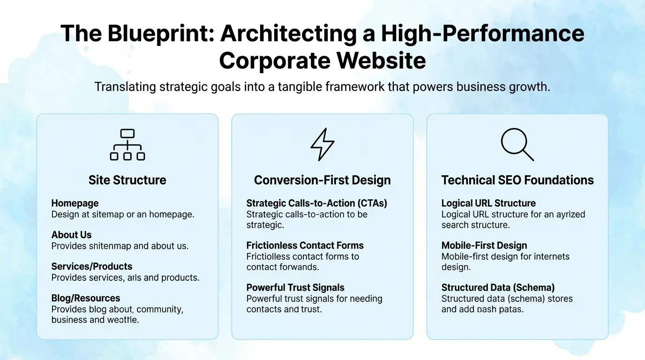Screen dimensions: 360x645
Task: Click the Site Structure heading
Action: tap(127, 180)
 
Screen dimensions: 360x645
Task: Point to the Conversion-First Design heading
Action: tap(322, 180)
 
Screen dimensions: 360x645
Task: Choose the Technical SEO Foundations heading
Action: tap(517, 180)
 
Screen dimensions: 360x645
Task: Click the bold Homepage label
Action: tap(75, 203)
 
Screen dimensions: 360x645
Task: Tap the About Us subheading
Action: tap(71, 235)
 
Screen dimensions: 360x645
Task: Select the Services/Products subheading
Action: tap(92, 267)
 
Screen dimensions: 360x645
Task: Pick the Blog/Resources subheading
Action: tap(86, 298)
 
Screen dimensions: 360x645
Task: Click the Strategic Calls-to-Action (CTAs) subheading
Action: tap(317, 203)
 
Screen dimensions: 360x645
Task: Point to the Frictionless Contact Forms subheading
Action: tap(305, 246)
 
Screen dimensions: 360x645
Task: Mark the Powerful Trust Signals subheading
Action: tap(295, 288)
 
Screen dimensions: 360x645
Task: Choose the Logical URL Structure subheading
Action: tap(488, 203)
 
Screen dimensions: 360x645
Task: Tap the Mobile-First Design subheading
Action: tap(484, 246)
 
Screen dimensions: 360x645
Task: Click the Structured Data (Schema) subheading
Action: tap(498, 288)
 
